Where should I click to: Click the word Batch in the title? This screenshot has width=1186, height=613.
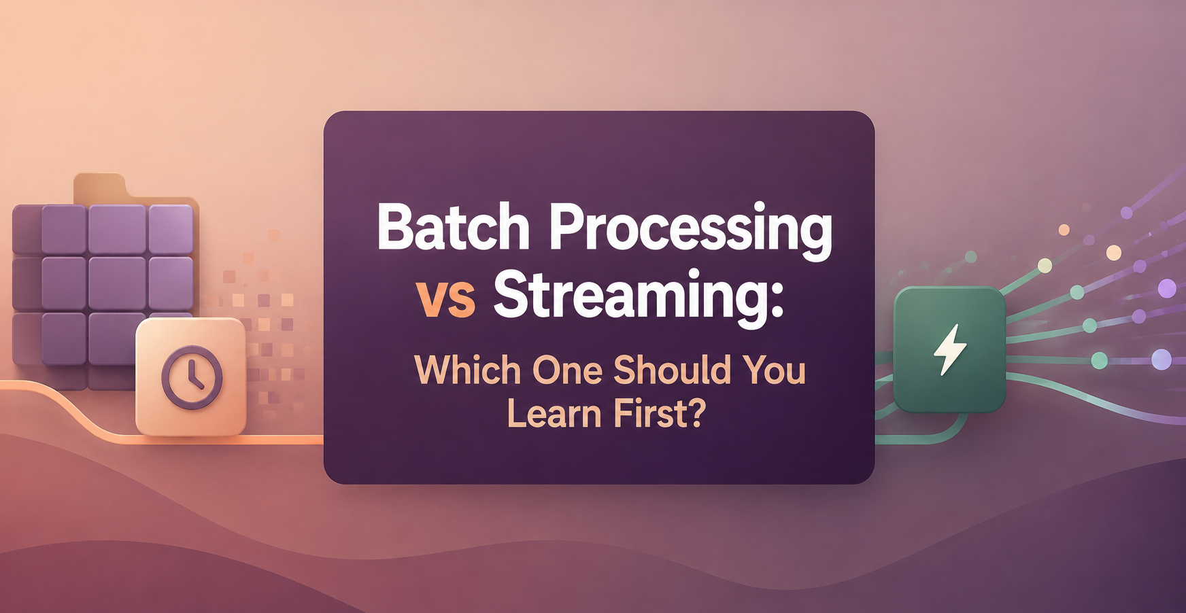pos(454,227)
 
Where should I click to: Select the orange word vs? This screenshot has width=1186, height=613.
pos(446,299)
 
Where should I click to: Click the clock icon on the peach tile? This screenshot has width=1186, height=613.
pos(192,377)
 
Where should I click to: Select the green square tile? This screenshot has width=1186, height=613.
pos(949,350)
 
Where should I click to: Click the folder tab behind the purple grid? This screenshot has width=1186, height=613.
pos(100,187)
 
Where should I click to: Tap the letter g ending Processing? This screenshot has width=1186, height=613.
pos(813,238)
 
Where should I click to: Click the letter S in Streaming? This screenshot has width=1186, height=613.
pos(511,294)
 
